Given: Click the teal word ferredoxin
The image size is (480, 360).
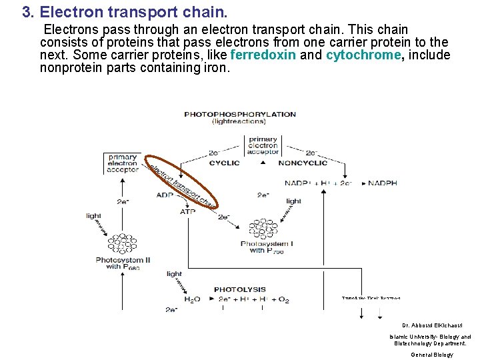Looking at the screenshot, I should (x=263, y=55).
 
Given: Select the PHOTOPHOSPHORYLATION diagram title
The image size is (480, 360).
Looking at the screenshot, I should (x=239, y=114).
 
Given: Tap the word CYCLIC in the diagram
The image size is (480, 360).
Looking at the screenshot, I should (x=224, y=163).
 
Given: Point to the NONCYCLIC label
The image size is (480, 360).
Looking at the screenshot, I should (x=303, y=163).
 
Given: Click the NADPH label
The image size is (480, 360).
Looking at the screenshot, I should (x=383, y=183).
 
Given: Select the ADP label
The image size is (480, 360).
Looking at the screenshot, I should (x=165, y=195).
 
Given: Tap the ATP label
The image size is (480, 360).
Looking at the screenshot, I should (x=188, y=211).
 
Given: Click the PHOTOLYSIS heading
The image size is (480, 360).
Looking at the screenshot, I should (x=239, y=289).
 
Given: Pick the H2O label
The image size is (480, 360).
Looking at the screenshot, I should (x=191, y=300).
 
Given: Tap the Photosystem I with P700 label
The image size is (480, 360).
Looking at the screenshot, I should (x=267, y=247).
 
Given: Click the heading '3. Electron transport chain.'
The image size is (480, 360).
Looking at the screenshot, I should (x=125, y=12).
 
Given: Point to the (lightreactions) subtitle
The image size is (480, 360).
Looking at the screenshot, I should (x=239, y=122).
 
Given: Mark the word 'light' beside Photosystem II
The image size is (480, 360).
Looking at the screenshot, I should (x=93, y=215).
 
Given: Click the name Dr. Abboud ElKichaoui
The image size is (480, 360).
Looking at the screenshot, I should (x=430, y=325).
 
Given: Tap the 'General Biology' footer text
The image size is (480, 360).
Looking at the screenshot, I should (x=431, y=355).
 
